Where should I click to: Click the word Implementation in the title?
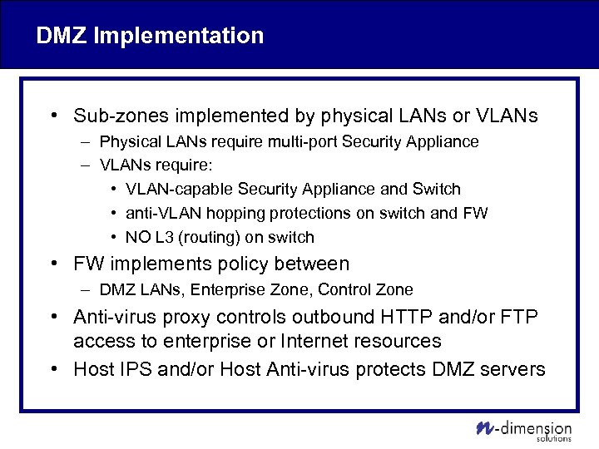178,36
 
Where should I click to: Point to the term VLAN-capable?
181,190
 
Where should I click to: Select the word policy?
257,264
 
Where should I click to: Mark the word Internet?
317,341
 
